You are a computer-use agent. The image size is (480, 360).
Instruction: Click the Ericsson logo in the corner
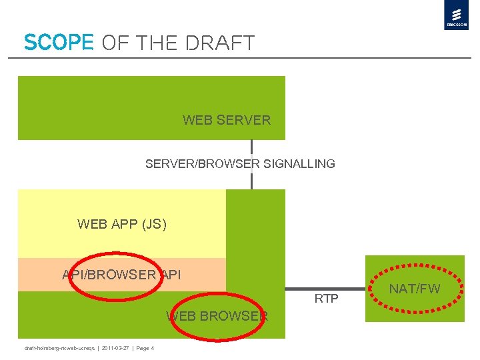(x=456, y=15)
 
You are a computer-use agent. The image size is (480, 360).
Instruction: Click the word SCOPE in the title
(x=59, y=43)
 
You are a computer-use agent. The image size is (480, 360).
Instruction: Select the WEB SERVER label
(x=227, y=121)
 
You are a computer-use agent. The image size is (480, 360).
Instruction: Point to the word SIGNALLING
(x=299, y=164)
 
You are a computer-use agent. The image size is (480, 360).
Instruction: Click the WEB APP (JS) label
(x=122, y=224)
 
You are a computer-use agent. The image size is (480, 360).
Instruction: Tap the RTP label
(x=327, y=299)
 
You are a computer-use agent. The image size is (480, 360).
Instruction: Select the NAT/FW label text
(x=415, y=289)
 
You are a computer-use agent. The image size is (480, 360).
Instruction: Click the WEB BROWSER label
(x=217, y=316)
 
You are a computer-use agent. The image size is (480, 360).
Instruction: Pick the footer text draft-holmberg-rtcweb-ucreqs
(x=60, y=348)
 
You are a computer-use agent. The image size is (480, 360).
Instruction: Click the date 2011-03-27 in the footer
(x=117, y=348)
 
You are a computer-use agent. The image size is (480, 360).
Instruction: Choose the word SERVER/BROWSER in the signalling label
(x=203, y=164)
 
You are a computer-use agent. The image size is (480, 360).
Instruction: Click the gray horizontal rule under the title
(x=240, y=58)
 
